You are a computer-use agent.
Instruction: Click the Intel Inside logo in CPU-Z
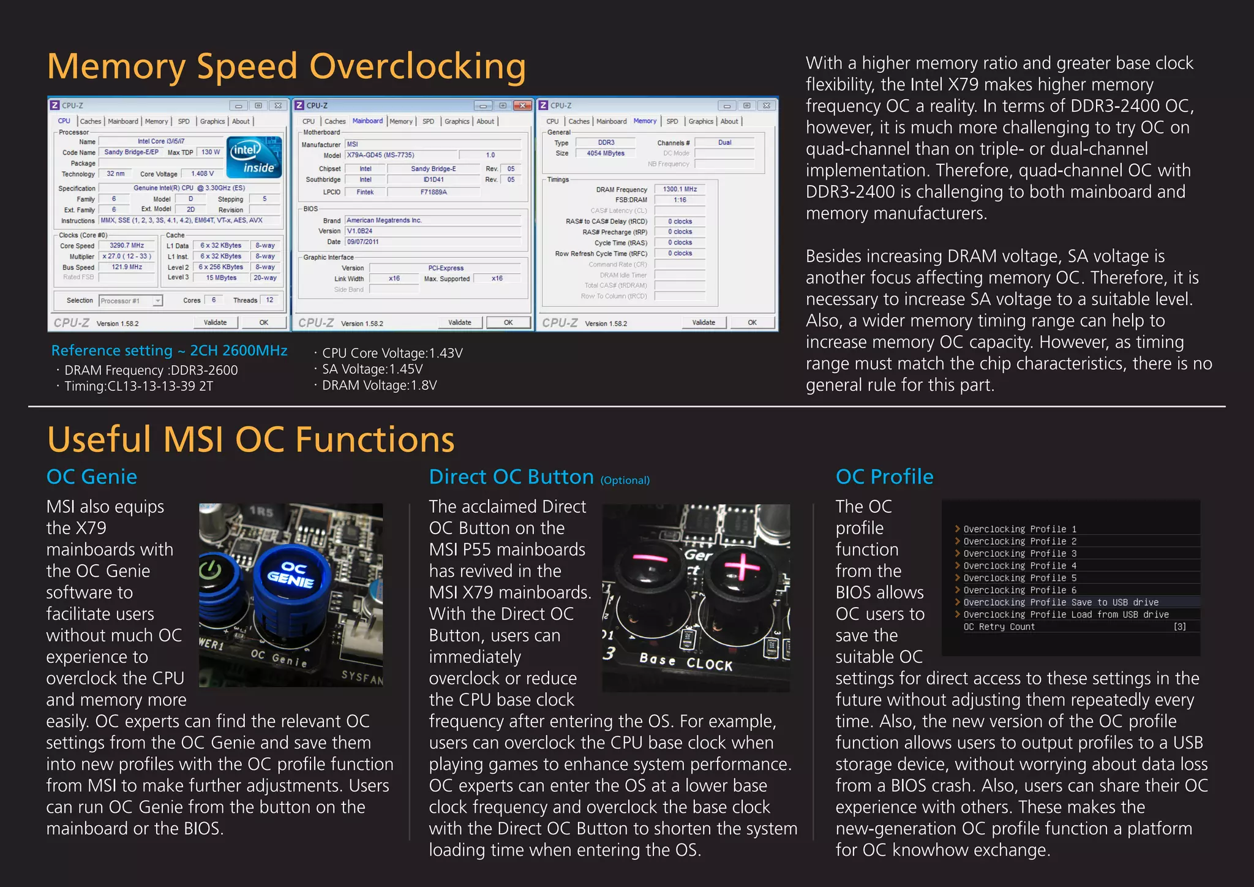254,157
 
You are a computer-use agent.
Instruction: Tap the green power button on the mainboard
210,571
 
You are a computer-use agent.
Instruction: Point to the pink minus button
650,558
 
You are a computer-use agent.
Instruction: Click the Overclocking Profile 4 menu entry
1019,565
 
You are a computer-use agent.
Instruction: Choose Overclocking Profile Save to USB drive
1061,602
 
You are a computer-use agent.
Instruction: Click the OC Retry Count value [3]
1179,627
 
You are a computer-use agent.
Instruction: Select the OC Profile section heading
884,477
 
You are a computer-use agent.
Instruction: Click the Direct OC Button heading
511,477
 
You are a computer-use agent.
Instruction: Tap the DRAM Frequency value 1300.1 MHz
680,189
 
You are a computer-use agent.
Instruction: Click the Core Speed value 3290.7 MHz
127,245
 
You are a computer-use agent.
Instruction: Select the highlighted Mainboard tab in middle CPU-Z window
367,121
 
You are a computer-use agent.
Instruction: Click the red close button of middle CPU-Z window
522,105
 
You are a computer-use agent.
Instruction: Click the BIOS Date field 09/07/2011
362,242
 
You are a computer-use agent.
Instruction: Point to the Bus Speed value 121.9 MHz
127,267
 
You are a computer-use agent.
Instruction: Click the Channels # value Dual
724,142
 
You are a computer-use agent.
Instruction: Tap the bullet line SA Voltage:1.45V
372,369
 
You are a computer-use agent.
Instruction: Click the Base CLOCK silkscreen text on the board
686,662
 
